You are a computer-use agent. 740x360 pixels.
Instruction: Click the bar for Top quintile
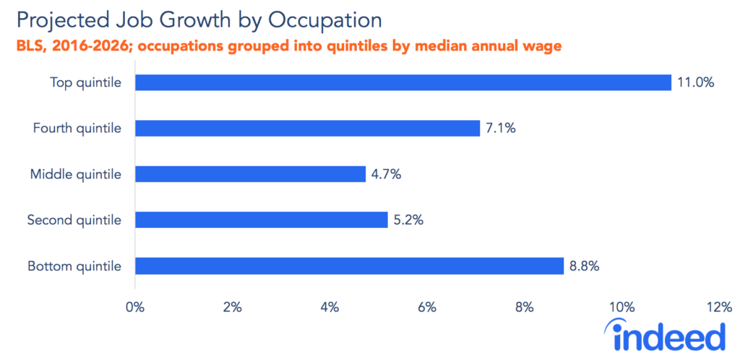click(403, 82)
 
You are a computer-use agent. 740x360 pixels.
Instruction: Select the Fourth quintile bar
click(307, 129)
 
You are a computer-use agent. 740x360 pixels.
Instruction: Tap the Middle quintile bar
click(250, 174)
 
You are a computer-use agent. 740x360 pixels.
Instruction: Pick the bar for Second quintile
click(261, 220)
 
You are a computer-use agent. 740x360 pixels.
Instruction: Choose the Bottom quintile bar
click(349, 266)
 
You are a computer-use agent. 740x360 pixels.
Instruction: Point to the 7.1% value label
click(502, 129)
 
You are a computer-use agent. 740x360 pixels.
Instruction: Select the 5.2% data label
click(409, 220)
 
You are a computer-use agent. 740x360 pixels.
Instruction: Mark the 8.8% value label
click(585, 266)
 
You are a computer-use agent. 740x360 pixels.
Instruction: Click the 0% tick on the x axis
click(135, 307)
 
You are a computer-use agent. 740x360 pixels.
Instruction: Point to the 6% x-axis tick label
click(427, 307)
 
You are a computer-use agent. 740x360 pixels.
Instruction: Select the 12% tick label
click(718, 307)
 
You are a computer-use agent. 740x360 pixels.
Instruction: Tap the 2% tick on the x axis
click(232, 307)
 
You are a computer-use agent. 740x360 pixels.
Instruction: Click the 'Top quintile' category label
click(85, 82)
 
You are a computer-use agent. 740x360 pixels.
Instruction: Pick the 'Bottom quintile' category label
click(74, 266)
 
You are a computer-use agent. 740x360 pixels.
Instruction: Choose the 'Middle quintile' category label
click(75, 174)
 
